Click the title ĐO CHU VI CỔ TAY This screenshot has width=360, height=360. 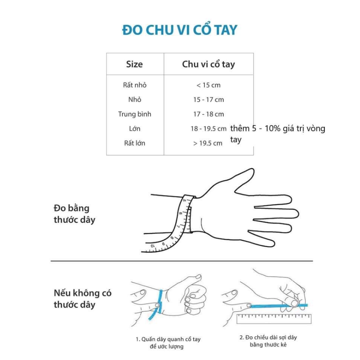coord(180,30)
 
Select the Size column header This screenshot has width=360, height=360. coord(134,64)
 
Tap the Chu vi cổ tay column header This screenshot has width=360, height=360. coord(208,64)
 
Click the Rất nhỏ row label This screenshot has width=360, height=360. coord(135,85)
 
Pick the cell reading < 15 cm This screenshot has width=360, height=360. coord(208,85)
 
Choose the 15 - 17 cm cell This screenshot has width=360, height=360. coord(208,100)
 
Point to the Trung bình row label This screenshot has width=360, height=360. coord(134,114)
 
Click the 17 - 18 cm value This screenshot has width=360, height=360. coord(208,114)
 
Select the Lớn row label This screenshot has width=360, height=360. coord(135,128)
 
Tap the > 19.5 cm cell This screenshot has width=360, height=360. coord(208,143)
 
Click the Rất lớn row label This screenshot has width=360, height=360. coord(135,143)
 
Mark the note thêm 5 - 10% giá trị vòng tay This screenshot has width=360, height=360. coord(278,134)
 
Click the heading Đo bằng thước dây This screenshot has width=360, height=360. coord(74,214)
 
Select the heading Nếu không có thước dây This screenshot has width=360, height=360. coord(82,299)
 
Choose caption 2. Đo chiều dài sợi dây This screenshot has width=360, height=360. coord(268,341)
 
